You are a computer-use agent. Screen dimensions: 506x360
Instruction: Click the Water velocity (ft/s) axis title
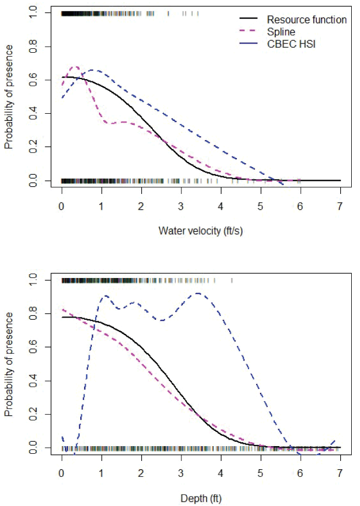(201, 231)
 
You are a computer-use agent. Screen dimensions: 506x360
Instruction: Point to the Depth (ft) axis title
(201, 499)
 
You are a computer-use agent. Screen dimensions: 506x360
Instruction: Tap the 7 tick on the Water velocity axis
(340, 207)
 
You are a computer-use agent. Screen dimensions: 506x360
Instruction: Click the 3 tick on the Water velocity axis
(181, 207)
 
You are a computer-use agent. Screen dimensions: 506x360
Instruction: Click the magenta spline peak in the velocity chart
(76, 66)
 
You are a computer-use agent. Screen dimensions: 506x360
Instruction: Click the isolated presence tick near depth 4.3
(232, 281)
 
